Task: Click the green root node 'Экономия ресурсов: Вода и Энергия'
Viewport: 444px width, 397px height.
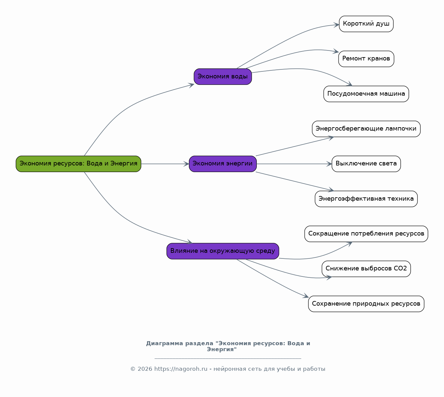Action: tap(78, 164)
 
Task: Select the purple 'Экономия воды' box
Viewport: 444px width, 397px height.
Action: tap(223, 77)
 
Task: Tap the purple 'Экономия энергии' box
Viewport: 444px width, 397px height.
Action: tap(223, 164)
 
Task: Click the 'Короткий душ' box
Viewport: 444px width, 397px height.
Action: tap(367, 24)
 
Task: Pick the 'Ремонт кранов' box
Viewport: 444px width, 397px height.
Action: tap(367, 59)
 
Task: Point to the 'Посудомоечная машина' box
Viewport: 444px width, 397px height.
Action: tap(367, 94)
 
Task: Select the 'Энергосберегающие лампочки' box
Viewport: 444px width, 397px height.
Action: tap(367, 129)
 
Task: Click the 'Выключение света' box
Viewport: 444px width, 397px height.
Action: tap(367, 164)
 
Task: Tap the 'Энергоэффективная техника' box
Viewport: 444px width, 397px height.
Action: tap(367, 199)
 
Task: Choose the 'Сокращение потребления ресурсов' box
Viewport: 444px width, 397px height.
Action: tap(367, 234)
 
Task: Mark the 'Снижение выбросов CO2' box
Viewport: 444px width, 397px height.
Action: tap(367, 269)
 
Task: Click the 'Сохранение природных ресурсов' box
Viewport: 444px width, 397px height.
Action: tap(367, 304)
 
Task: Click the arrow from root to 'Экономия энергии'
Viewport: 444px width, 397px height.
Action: tap(165, 164)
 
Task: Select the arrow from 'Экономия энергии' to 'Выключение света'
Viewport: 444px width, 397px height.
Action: tap(294, 164)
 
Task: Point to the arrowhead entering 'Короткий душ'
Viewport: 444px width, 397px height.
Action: tap(336, 25)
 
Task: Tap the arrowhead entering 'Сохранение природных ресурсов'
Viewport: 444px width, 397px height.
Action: tap(306, 296)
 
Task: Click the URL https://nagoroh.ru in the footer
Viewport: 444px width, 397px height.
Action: tap(181, 369)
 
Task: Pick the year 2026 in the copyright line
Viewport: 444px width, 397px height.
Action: tap(145, 369)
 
